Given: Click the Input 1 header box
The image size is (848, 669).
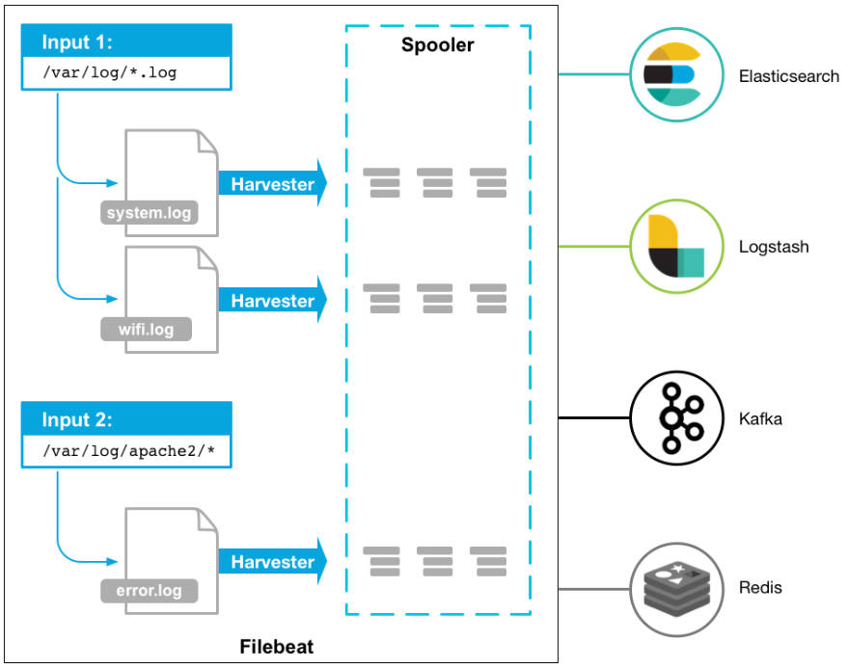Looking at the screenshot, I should coord(126,42).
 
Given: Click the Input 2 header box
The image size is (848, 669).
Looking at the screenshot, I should coord(126,419).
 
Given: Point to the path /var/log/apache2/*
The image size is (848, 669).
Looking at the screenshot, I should coord(126,449).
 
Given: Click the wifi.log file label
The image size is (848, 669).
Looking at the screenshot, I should coord(147,330).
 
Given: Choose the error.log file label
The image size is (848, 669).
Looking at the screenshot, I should coord(149,590).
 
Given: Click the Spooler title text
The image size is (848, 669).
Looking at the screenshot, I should coord(438,45).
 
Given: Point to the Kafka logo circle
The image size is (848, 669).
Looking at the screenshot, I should coord(676,419).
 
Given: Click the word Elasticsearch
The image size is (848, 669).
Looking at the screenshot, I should coord(789,76).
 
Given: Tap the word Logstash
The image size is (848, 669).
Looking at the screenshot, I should coord(774,248).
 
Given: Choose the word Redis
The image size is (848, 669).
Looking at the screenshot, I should coord(760,588).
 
